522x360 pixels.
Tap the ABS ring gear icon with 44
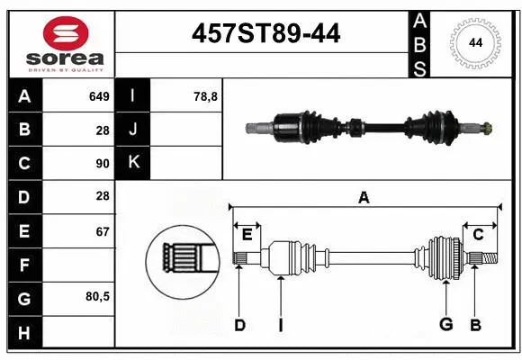click(x=473, y=42)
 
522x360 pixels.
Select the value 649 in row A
click(x=98, y=96)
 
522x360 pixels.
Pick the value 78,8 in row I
click(x=205, y=96)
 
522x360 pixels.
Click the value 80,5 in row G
click(x=95, y=297)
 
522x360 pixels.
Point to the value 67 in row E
click(x=102, y=231)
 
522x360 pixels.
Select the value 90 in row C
click(x=102, y=164)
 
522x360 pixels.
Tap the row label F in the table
click(x=24, y=265)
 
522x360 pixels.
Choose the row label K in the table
click(x=133, y=163)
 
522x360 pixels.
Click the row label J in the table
click(x=133, y=130)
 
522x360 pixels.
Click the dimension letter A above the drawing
click(x=364, y=197)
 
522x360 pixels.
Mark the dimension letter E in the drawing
click(x=247, y=236)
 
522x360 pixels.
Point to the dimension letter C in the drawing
click(x=478, y=236)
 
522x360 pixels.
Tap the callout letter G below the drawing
click(x=445, y=325)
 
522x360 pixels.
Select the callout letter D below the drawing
click(x=239, y=325)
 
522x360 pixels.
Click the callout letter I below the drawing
click(x=280, y=325)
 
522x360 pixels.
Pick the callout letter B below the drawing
click(x=476, y=325)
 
